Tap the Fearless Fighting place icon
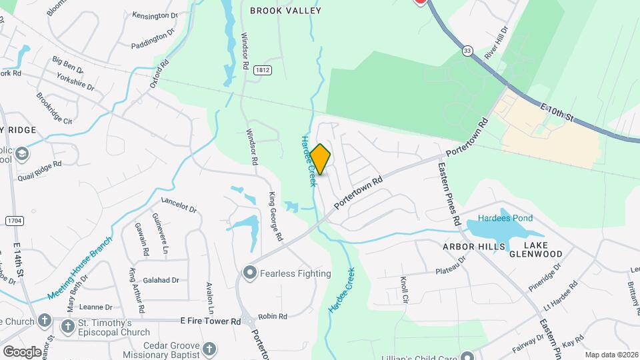click(x=250, y=272)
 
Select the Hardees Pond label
click(x=505, y=219)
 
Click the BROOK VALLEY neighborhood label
click(x=285, y=11)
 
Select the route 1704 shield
click(x=13, y=220)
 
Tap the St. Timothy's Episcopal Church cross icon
click(x=67, y=327)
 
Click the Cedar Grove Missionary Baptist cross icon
click(x=209, y=349)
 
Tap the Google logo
click(x=22, y=351)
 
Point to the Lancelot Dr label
click(x=179, y=205)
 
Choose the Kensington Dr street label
click(x=155, y=15)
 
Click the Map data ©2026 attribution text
click(x=611, y=355)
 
